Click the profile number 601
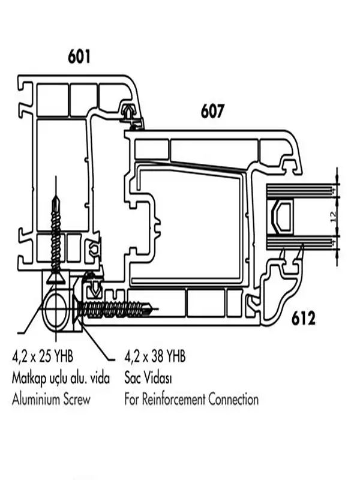pos(79,56)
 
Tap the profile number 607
pos(212,111)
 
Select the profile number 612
pos(303,319)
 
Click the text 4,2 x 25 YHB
pos(43,356)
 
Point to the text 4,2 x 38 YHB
pos(155,356)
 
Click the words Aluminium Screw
pos(51,400)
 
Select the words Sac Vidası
pos(148,379)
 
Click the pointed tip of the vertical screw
pos(55,197)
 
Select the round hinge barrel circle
pos(55,309)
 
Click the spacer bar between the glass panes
pos(281,217)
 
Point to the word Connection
pos(233,400)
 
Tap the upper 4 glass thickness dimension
pos(334,190)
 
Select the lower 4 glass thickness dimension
pos(334,242)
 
